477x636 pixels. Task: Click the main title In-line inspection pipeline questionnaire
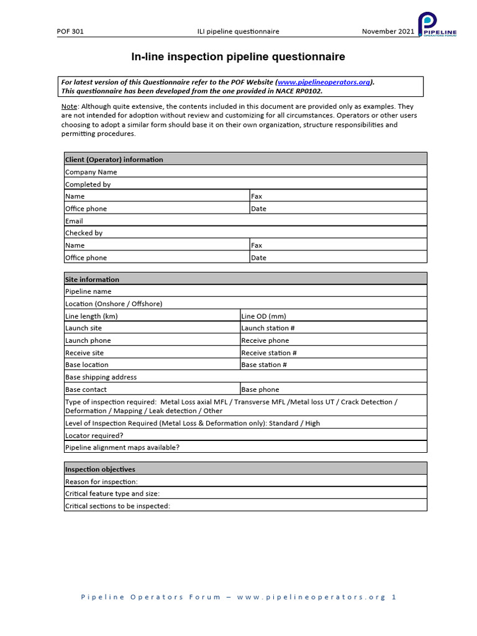(238, 57)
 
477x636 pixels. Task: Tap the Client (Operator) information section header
(114, 160)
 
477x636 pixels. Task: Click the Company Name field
(245, 172)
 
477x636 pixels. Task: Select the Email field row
(245, 221)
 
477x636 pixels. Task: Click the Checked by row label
(84, 233)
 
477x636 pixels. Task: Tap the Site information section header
(93, 279)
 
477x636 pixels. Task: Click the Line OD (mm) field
(333, 316)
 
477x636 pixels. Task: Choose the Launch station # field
(333, 328)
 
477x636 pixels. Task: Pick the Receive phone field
(333, 340)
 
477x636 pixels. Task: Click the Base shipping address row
(245, 377)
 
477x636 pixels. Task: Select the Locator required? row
(245, 435)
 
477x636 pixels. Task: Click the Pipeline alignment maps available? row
(245, 447)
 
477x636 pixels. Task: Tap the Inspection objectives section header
(101, 469)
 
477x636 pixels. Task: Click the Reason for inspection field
(245, 481)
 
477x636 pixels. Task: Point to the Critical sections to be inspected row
(245, 506)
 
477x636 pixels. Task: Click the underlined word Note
(69, 107)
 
